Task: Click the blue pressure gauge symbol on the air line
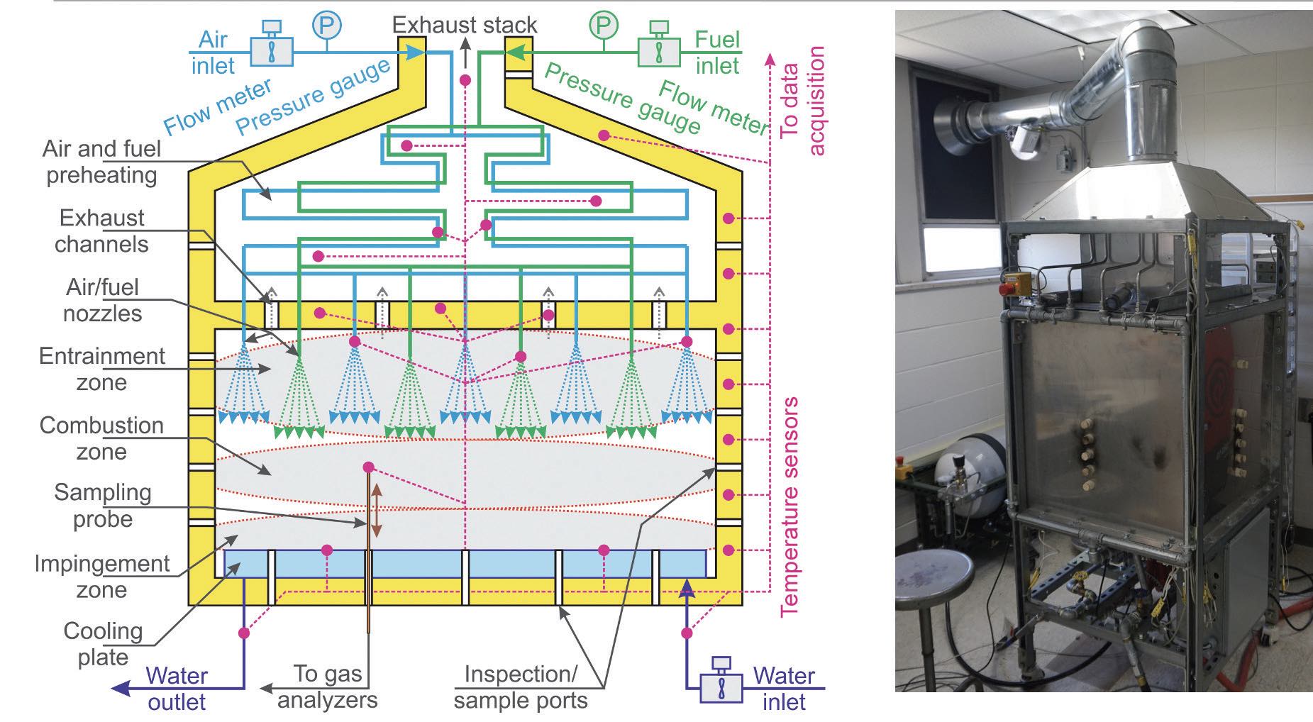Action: (326, 26)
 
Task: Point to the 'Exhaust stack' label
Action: (465, 25)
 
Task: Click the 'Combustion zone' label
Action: (101, 438)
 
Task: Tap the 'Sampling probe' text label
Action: (102, 505)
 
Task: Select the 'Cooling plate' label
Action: (103, 643)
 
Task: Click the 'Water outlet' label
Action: (177, 688)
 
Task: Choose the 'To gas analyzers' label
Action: (328, 687)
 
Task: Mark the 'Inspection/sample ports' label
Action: (521, 687)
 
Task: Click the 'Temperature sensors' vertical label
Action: (790, 506)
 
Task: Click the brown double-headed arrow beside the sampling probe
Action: (377, 511)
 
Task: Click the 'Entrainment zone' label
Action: (101, 369)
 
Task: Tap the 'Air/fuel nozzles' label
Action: (102, 300)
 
